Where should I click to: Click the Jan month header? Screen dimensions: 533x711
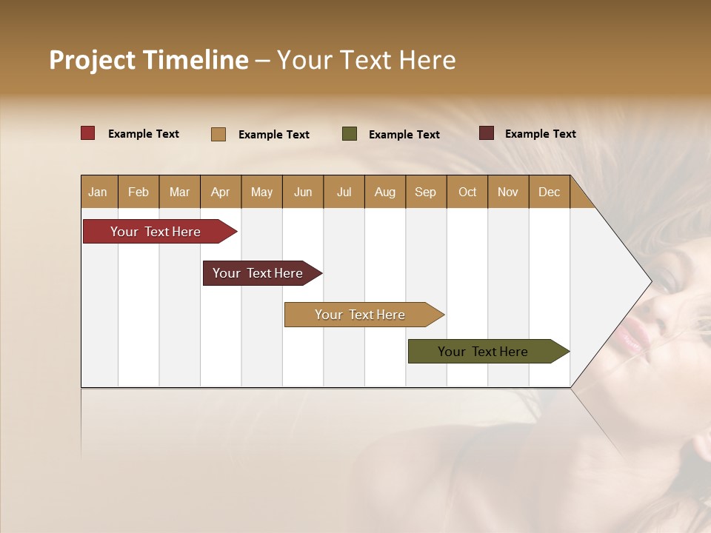click(x=98, y=192)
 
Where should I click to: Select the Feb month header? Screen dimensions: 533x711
click(x=138, y=192)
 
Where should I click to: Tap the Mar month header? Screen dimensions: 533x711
click(x=179, y=192)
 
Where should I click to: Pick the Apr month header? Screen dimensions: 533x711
click(x=220, y=192)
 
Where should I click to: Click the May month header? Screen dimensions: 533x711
click(x=261, y=192)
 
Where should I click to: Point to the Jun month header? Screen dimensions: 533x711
click(x=303, y=192)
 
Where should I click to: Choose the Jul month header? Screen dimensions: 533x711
click(x=344, y=192)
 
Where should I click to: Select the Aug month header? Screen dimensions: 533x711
click(x=384, y=192)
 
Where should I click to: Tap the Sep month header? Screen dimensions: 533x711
click(x=425, y=192)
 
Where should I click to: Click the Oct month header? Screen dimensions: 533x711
click(x=467, y=192)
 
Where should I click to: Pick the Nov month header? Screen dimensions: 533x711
click(x=507, y=192)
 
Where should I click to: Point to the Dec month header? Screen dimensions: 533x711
click(x=549, y=192)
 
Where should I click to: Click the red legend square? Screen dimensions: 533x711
click(x=88, y=133)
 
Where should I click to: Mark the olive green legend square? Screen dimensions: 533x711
click(x=350, y=134)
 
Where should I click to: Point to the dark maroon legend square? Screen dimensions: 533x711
click(x=486, y=133)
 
